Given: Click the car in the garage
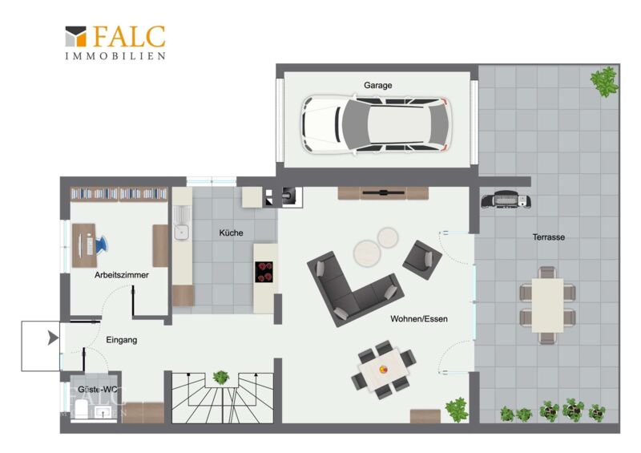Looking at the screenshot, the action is (x=376, y=125).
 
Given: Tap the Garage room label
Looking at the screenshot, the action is (x=377, y=85).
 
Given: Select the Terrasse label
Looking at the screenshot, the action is (x=549, y=237).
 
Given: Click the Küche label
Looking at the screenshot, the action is (x=231, y=233).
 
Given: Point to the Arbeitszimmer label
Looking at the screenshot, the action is (x=122, y=275).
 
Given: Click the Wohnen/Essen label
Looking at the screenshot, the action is (x=419, y=319).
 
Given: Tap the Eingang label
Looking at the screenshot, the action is (x=122, y=340).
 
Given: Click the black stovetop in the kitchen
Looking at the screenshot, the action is (x=264, y=272).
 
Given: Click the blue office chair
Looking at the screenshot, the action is (x=101, y=245).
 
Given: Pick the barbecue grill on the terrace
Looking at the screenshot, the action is (x=506, y=200).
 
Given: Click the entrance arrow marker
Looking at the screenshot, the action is (x=53, y=338).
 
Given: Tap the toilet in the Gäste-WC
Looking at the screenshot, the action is (x=82, y=409).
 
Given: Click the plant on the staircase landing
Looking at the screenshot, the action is (x=221, y=377).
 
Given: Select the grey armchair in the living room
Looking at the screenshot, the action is (x=422, y=260).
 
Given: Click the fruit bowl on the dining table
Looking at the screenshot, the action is (x=383, y=370).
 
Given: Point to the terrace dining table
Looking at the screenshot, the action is (x=547, y=305).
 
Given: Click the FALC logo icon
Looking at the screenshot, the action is (x=76, y=36).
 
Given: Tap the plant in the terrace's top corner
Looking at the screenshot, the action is (x=604, y=82).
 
